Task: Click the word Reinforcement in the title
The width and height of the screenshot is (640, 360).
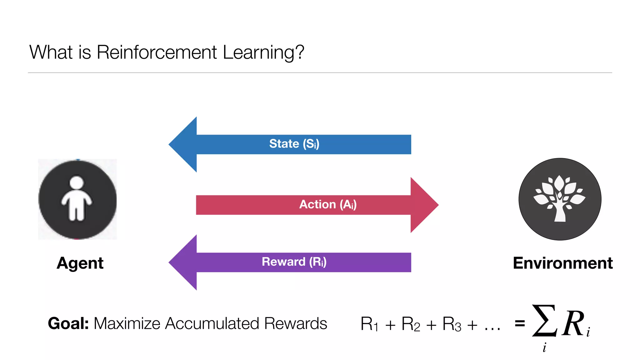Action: point(157,52)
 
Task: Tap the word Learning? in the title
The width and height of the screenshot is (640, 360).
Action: point(263,52)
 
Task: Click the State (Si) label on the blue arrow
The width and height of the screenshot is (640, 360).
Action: point(294,144)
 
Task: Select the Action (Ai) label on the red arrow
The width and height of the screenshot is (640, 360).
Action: point(328,205)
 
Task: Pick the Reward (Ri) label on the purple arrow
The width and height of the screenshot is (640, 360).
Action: point(294,262)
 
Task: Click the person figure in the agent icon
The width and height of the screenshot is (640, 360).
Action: point(77,199)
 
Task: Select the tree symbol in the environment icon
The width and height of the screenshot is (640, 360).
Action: point(560,198)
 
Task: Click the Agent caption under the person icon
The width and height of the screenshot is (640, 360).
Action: point(80,263)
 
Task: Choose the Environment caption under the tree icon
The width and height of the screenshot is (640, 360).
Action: point(562,263)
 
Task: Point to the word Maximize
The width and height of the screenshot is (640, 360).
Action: point(127,323)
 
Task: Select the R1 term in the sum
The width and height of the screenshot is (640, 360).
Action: point(369,324)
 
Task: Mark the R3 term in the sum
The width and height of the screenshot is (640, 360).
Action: point(452,324)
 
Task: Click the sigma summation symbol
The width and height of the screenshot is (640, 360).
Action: point(544,321)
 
